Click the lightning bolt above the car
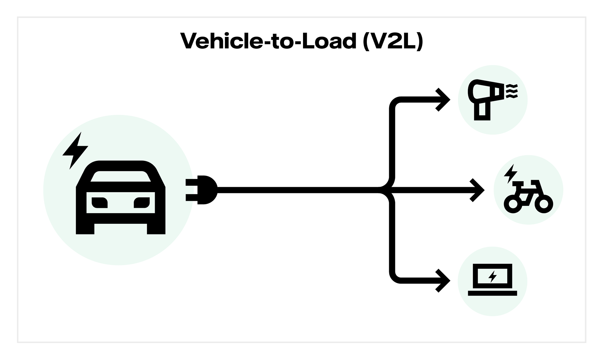(x=75, y=151)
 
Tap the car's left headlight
(x=100, y=202)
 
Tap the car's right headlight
(x=142, y=202)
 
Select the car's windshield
(x=121, y=176)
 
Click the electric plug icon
(x=202, y=190)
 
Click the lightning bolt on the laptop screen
(x=492, y=277)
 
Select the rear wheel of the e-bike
(x=513, y=204)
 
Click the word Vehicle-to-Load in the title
(x=269, y=41)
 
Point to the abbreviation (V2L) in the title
(x=393, y=41)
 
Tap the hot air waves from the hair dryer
(x=512, y=91)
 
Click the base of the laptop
(x=492, y=293)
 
